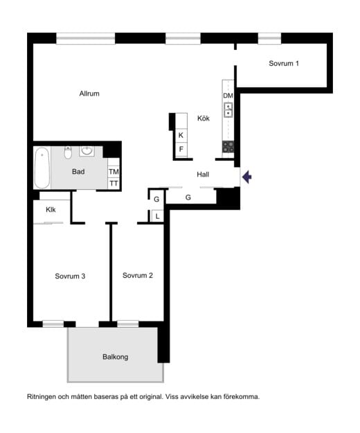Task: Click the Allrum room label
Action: tap(89, 94)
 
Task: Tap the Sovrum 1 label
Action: tap(284, 63)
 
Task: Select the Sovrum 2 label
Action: tap(137, 275)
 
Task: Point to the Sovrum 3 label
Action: tap(70, 276)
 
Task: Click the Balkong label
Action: tap(116, 357)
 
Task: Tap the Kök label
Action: tap(204, 118)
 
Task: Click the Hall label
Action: tap(203, 175)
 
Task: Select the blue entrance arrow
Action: tap(246, 177)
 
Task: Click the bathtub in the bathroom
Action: tap(42, 168)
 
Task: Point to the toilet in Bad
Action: tap(68, 152)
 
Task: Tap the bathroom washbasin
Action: tap(87, 151)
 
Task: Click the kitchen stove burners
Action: tap(228, 147)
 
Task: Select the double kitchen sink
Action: tap(228, 110)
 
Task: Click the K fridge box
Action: tap(181, 135)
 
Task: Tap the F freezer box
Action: tap(181, 149)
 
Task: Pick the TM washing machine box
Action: tap(114, 172)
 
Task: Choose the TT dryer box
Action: tap(114, 184)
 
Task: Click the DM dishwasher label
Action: tap(228, 96)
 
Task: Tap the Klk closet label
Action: tap(51, 210)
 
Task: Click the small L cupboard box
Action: tap(158, 216)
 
